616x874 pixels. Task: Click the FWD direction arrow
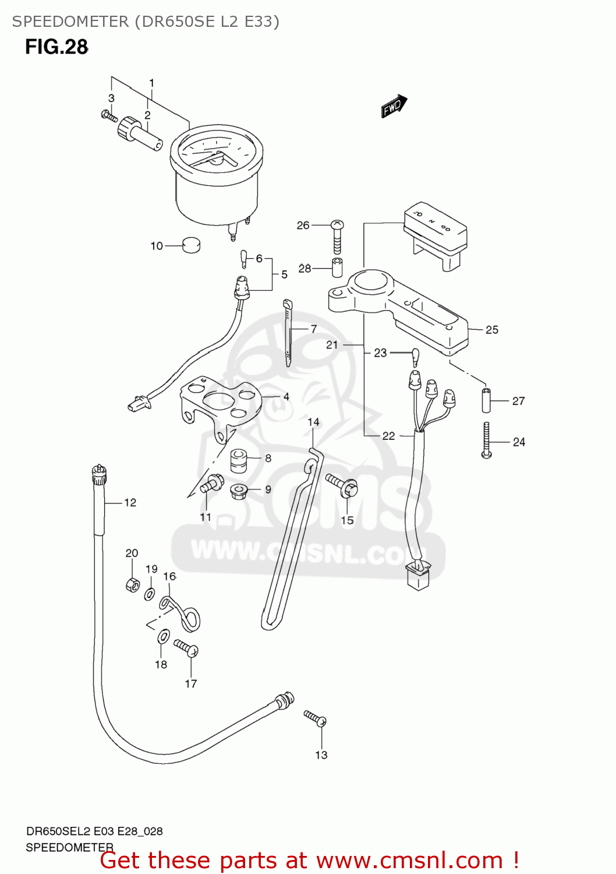tap(394, 107)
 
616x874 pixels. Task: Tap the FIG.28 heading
tap(56, 47)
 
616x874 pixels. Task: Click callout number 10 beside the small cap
tap(157, 246)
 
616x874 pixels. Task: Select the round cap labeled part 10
tap(191, 245)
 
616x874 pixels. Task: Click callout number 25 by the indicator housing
tap(492, 330)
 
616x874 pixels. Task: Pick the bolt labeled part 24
tap(487, 440)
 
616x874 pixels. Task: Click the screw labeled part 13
tap(315, 718)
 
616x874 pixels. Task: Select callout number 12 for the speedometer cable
tap(130, 502)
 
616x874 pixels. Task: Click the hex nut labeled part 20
tap(133, 584)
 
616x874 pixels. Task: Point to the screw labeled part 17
tap(186, 649)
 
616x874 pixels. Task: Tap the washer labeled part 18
tap(164, 636)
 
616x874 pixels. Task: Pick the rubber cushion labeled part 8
tap(238, 460)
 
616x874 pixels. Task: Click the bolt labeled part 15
tap(343, 485)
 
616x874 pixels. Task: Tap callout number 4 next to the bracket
tap(286, 396)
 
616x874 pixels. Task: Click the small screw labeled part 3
tap(109, 116)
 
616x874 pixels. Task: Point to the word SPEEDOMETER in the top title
tap(70, 22)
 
